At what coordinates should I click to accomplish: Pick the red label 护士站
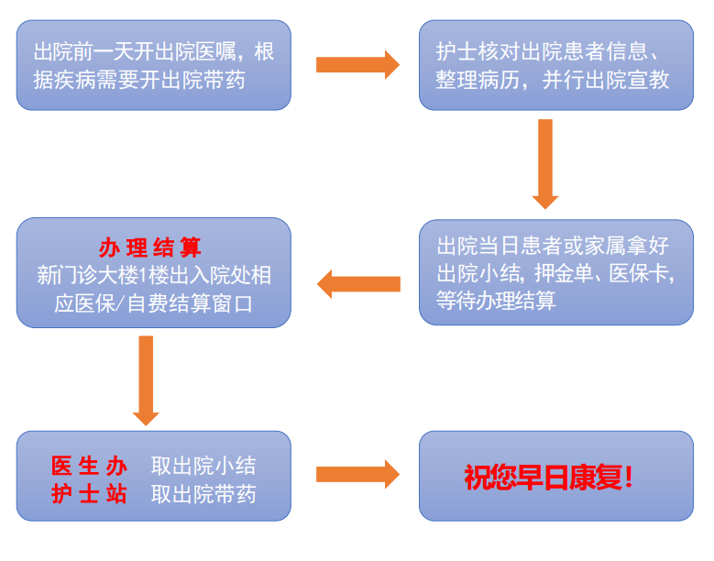89,495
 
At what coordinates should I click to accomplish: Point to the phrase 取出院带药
203,495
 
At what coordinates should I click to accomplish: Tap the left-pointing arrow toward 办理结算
358,284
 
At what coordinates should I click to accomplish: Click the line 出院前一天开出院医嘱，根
154,51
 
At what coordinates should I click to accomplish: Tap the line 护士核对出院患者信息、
556,51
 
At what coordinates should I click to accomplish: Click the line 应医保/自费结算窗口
153,303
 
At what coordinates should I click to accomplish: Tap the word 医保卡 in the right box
642,273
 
